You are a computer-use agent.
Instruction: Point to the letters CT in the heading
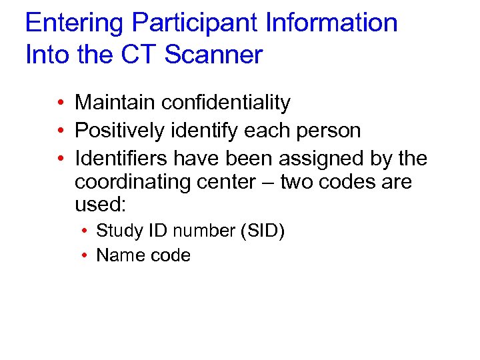click(131, 55)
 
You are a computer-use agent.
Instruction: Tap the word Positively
click(119, 131)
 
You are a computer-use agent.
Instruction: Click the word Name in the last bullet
click(117, 255)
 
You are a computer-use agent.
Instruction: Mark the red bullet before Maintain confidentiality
click(60, 103)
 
